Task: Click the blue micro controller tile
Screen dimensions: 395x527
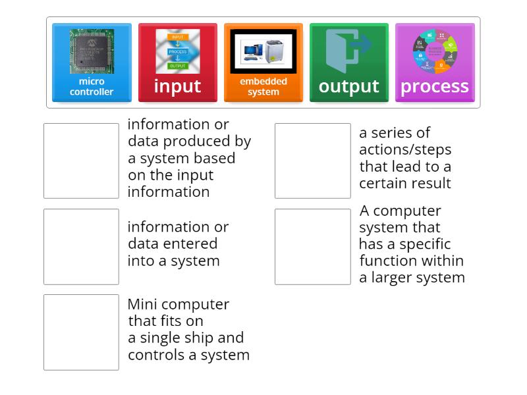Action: tap(92, 63)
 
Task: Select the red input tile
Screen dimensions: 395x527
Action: tap(177, 63)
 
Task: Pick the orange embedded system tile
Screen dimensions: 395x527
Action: tap(263, 63)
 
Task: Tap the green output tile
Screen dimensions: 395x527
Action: tap(348, 63)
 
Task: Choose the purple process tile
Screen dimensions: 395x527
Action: tap(434, 63)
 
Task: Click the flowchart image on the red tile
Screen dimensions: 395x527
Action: tap(177, 51)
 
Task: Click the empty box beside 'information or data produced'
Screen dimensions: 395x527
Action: tap(81, 161)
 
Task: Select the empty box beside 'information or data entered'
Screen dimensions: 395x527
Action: tap(81, 246)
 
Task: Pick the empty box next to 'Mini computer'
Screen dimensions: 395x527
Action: tap(81, 332)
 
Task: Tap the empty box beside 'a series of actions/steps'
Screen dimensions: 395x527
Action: tap(312, 161)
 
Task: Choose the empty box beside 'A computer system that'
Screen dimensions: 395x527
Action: tap(312, 246)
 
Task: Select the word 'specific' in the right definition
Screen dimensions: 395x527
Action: tap(425, 244)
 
